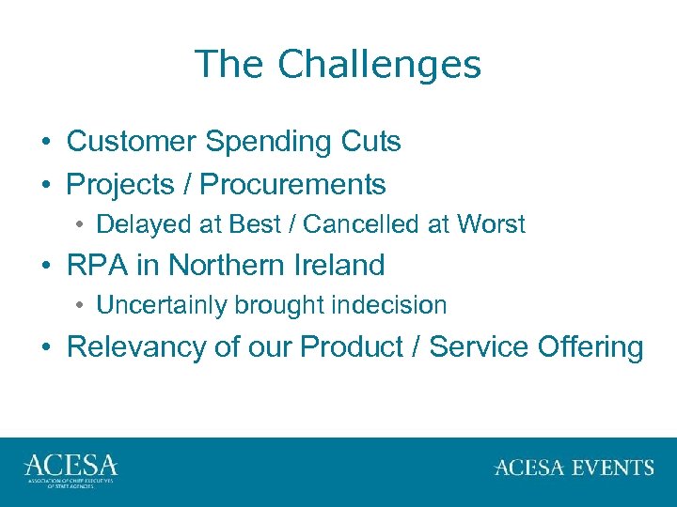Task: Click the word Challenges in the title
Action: click(x=379, y=65)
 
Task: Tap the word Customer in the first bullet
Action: click(x=132, y=142)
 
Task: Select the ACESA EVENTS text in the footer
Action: click(x=574, y=468)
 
